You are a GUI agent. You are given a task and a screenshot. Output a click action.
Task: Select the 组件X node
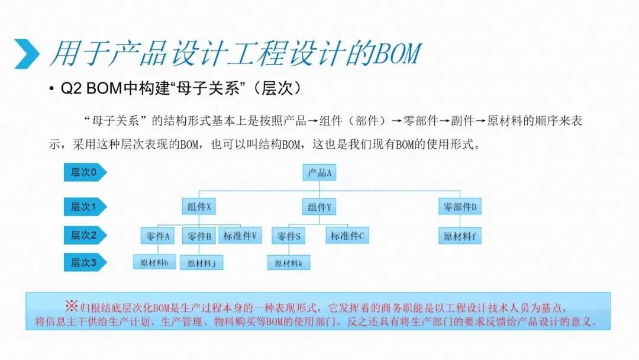pos(198,207)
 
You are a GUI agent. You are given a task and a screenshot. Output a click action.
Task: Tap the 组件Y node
pos(319,207)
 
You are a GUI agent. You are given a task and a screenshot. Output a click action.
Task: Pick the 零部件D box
pos(460,207)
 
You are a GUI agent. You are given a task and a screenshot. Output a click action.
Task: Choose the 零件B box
pos(199,236)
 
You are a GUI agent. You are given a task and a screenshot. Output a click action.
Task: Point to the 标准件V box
pos(240,236)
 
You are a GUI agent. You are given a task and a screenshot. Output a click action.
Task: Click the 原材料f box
pos(460,236)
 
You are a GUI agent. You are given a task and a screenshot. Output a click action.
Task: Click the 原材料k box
pos(288,263)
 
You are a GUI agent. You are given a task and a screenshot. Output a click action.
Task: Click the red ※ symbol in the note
pos(71,306)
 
